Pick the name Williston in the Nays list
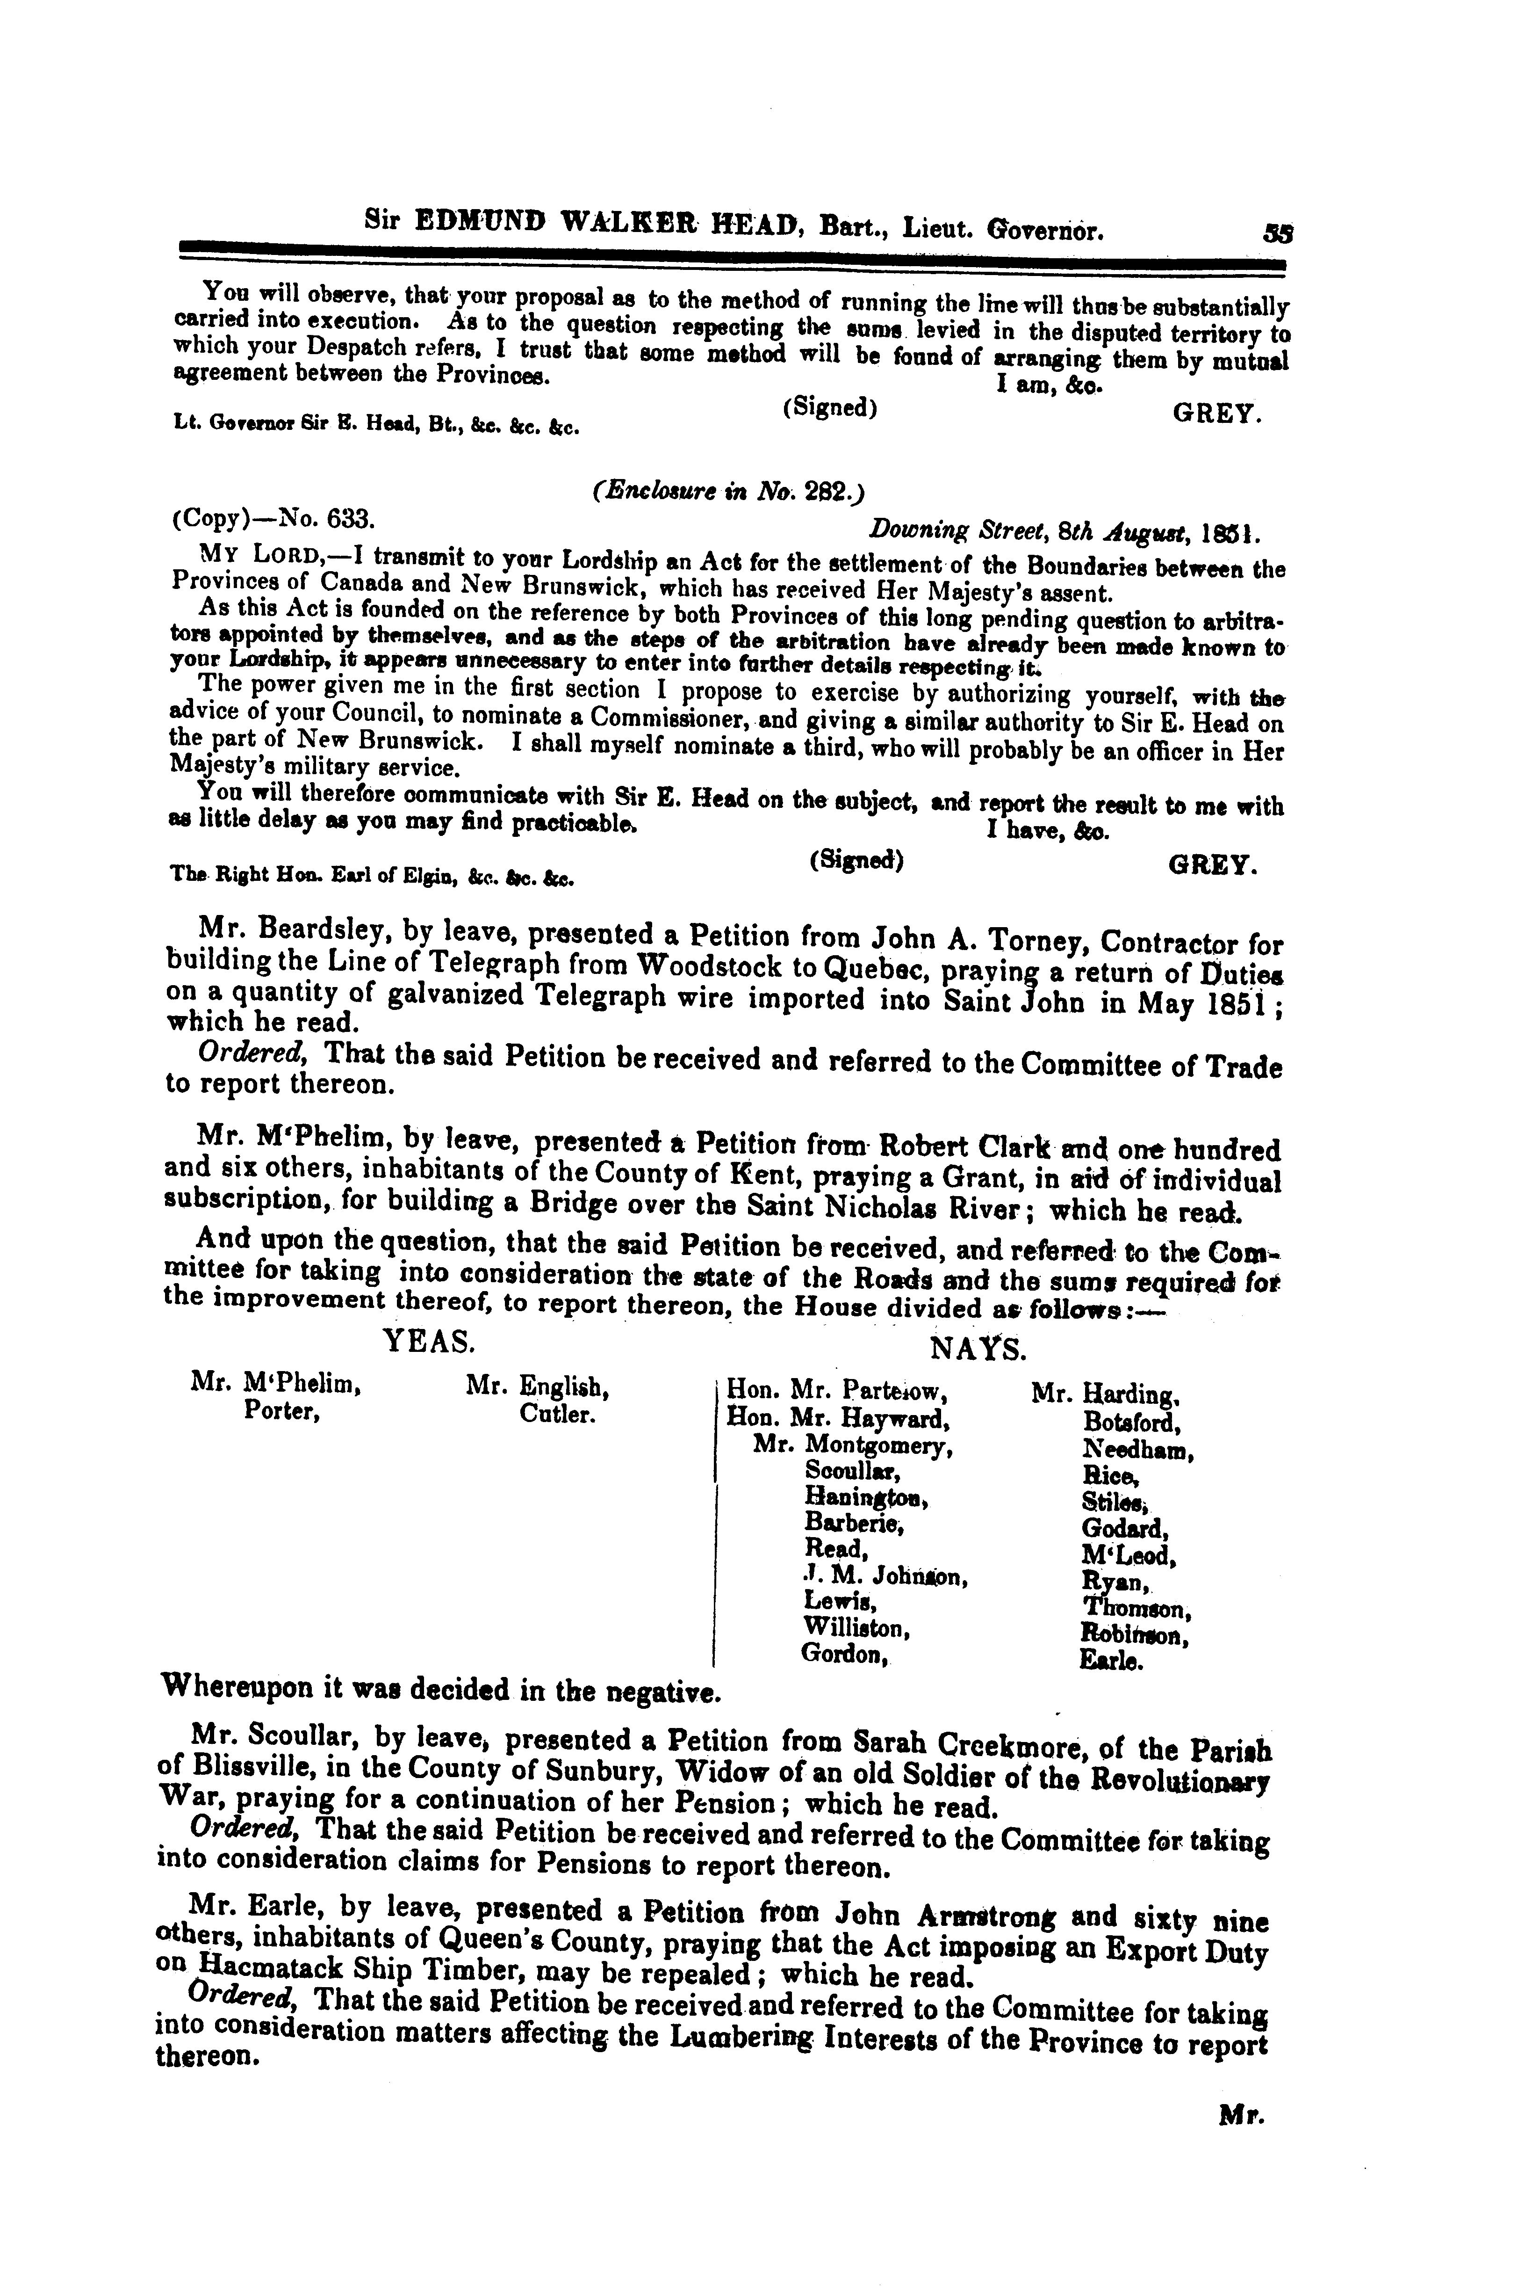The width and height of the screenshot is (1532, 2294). (x=857, y=1627)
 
